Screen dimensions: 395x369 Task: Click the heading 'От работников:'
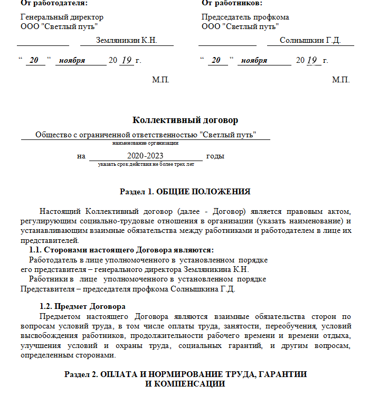tap(232, 3)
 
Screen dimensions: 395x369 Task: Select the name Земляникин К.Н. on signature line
tap(126, 40)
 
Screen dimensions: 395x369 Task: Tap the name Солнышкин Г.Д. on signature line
tap(310, 40)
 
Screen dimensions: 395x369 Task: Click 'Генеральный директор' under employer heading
tap(62, 17)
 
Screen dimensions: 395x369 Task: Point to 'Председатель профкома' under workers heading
tap(245, 17)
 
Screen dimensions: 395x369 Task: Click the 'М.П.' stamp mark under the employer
tap(160, 80)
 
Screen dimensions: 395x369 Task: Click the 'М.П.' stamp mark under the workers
tap(341, 80)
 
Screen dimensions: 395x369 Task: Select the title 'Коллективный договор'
tap(181, 120)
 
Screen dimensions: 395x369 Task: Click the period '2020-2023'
tap(145, 156)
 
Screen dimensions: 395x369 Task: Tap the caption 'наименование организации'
tap(145, 143)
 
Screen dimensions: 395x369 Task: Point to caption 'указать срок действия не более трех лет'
tap(146, 164)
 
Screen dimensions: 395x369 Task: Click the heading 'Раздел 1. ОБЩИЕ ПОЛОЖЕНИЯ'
tap(185, 191)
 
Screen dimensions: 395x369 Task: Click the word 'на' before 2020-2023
tap(81, 156)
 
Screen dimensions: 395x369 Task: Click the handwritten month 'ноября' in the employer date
tap(72, 61)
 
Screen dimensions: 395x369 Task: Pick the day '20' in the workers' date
tap(215, 61)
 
